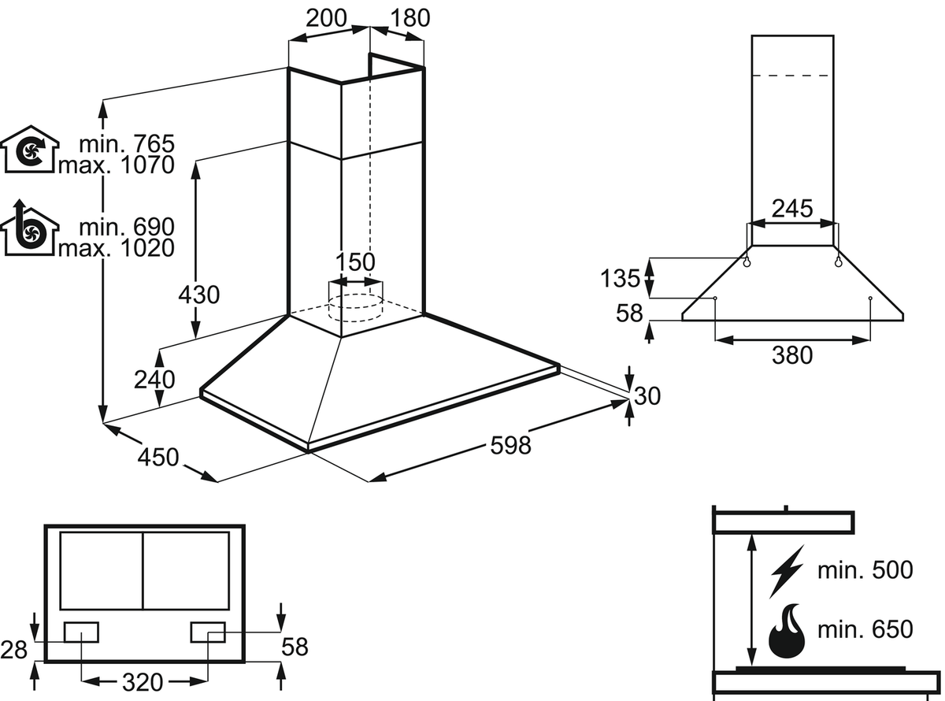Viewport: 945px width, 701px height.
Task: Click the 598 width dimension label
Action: coord(510,445)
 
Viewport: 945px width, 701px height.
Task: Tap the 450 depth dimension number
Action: coord(158,457)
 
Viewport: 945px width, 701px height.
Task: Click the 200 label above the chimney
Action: coord(327,18)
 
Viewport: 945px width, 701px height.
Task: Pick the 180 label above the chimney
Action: coord(409,18)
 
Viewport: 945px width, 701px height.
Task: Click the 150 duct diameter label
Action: coord(355,261)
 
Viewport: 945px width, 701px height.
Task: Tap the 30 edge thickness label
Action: coord(647,395)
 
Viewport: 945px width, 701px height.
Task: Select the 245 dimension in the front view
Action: coord(791,209)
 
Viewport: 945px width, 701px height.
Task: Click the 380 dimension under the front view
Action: coord(791,355)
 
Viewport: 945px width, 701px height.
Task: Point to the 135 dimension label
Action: coord(621,278)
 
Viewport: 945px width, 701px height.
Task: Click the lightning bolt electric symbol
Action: coord(785,571)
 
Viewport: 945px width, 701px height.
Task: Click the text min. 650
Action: coord(865,629)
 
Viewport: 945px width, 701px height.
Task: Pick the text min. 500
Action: coord(865,570)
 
